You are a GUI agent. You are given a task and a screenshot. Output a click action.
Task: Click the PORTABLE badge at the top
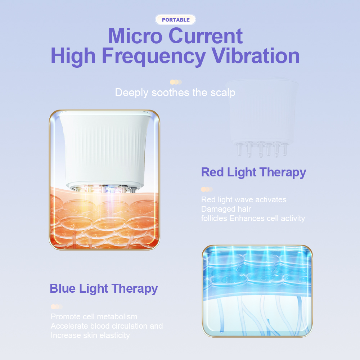176,20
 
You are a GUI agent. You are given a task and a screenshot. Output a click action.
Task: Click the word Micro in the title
135,36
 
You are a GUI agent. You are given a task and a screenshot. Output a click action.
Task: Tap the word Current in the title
206,36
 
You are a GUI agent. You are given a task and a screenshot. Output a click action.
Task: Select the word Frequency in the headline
154,57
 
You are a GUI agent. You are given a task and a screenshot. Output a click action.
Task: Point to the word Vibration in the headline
255,56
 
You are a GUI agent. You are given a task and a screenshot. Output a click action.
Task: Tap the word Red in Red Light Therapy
212,172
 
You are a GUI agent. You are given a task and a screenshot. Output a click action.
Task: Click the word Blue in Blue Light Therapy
63,288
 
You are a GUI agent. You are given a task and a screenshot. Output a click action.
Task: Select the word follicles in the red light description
214,219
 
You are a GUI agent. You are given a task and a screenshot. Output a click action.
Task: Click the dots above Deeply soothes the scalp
176,82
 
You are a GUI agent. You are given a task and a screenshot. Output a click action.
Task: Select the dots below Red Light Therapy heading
207,189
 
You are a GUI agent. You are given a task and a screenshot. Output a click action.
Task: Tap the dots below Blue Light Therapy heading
57,307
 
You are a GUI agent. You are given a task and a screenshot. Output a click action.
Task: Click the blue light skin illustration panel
257,291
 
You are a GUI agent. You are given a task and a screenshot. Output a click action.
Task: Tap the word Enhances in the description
247,219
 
